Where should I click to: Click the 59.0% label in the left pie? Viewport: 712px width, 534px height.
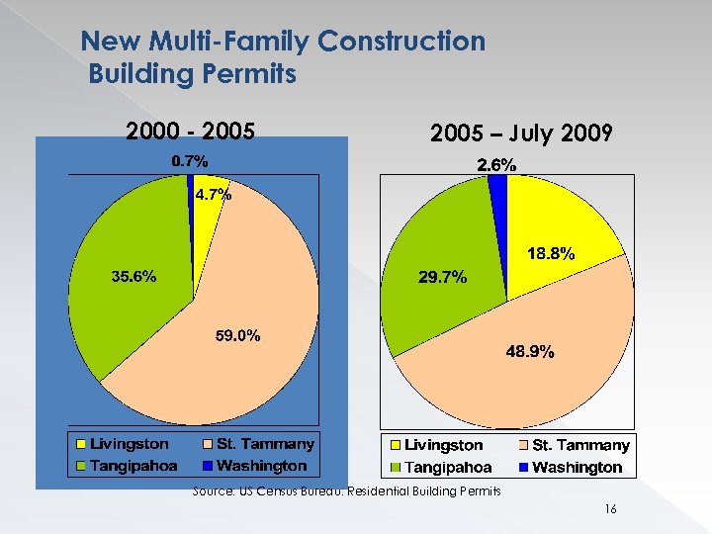pyautogui.click(x=238, y=336)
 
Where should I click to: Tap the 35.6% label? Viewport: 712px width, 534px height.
pyautogui.click(x=133, y=277)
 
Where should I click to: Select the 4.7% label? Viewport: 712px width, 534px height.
pyautogui.click(x=213, y=195)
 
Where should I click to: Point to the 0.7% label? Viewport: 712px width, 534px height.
pyautogui.click(x=190, y=160)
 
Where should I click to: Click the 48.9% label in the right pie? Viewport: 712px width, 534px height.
pyautogui.click(x=530, y=351)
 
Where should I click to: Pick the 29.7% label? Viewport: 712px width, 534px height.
pyautogui.click(x=443, y=279)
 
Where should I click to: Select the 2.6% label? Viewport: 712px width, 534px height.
pyautogui.click(x=497, y=166)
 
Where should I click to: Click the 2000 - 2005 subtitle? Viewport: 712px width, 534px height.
pyautogui.click(x=191, y=132)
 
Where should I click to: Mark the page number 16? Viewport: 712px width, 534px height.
pyautogui.click(x=610, y=508)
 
